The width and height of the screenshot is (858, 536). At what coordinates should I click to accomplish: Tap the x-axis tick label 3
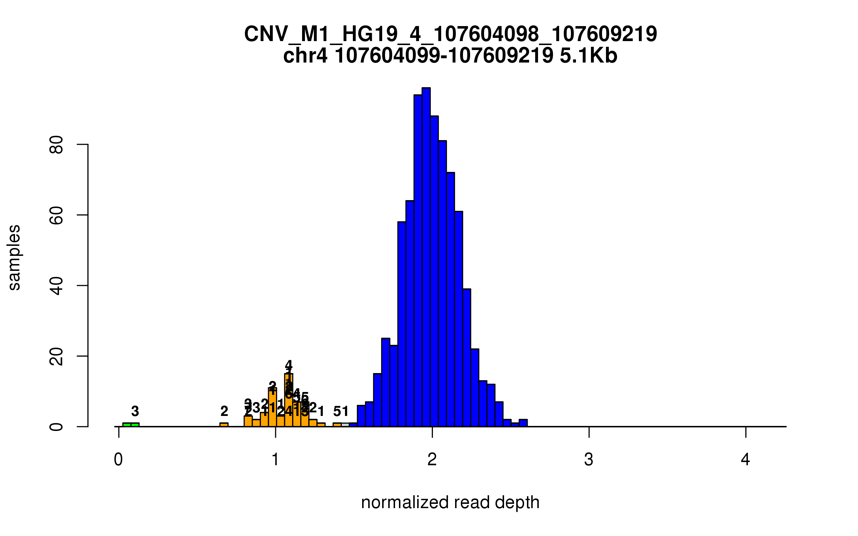click(588, 460)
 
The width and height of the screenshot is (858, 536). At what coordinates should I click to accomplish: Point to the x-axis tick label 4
click(745, 460)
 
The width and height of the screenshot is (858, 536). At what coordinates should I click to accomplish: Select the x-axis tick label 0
click(118, 460)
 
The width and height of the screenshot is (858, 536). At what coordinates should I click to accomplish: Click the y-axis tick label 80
click(56, 144)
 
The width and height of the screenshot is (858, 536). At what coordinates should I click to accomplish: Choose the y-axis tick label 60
click(56, 215)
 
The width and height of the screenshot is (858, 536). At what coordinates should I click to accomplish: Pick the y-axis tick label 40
click(56, 286)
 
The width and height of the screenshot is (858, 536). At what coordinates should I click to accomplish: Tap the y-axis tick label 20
click(56, 356)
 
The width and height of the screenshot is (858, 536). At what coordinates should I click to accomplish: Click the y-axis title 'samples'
click(14, 257)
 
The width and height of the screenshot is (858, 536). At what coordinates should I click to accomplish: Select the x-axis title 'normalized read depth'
click(450, 502)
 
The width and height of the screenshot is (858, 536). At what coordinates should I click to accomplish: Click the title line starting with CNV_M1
click(450, 34)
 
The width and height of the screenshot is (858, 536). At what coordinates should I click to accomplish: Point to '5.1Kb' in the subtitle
click(588, 56)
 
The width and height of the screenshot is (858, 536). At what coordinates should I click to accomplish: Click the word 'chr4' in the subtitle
click(305, 56)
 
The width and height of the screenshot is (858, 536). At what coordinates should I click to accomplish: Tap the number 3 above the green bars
click(135, 411)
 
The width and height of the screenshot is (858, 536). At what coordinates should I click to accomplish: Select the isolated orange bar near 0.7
click(224, 425)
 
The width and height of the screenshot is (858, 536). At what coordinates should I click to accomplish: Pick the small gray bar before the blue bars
click(345, 425)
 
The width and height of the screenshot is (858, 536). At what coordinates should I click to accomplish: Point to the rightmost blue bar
click(523, 423)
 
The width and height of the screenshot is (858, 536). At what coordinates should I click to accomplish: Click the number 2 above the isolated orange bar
click(224, 411)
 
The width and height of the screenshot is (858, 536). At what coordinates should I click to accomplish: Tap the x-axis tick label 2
click(432, 460)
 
